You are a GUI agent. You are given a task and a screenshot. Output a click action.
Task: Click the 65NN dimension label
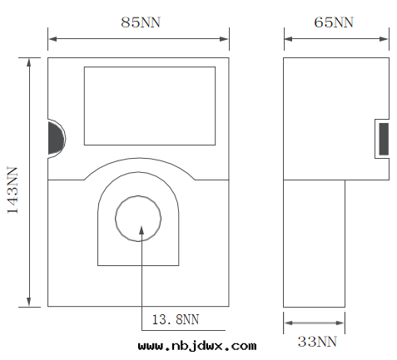333,22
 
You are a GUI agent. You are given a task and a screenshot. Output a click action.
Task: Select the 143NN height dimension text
13,190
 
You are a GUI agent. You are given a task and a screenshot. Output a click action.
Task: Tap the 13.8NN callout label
176,318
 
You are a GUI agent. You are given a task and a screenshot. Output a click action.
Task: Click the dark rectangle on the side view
384,138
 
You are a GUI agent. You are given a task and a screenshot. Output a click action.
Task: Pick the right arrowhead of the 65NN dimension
385,37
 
